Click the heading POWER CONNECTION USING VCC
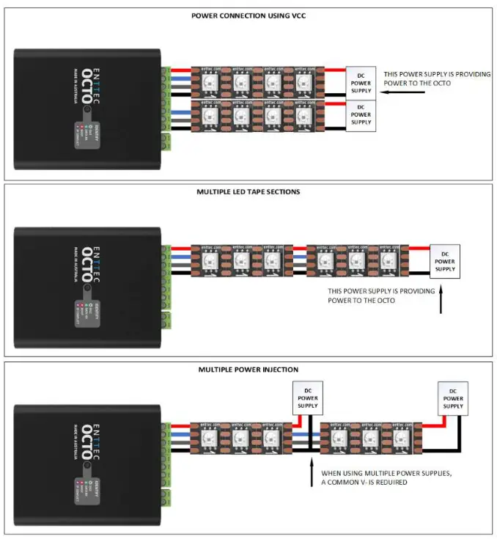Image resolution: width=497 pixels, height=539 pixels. click(248, 15)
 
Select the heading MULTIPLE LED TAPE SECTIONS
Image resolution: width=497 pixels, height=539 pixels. click(248, 191)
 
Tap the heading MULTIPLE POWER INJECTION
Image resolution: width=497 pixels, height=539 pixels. click(248, 369)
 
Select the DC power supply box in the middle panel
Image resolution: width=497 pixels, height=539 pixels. click(444, 261)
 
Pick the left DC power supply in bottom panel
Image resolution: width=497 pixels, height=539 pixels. click(307, 397)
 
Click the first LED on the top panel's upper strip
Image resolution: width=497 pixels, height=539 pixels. click(207, 80)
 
